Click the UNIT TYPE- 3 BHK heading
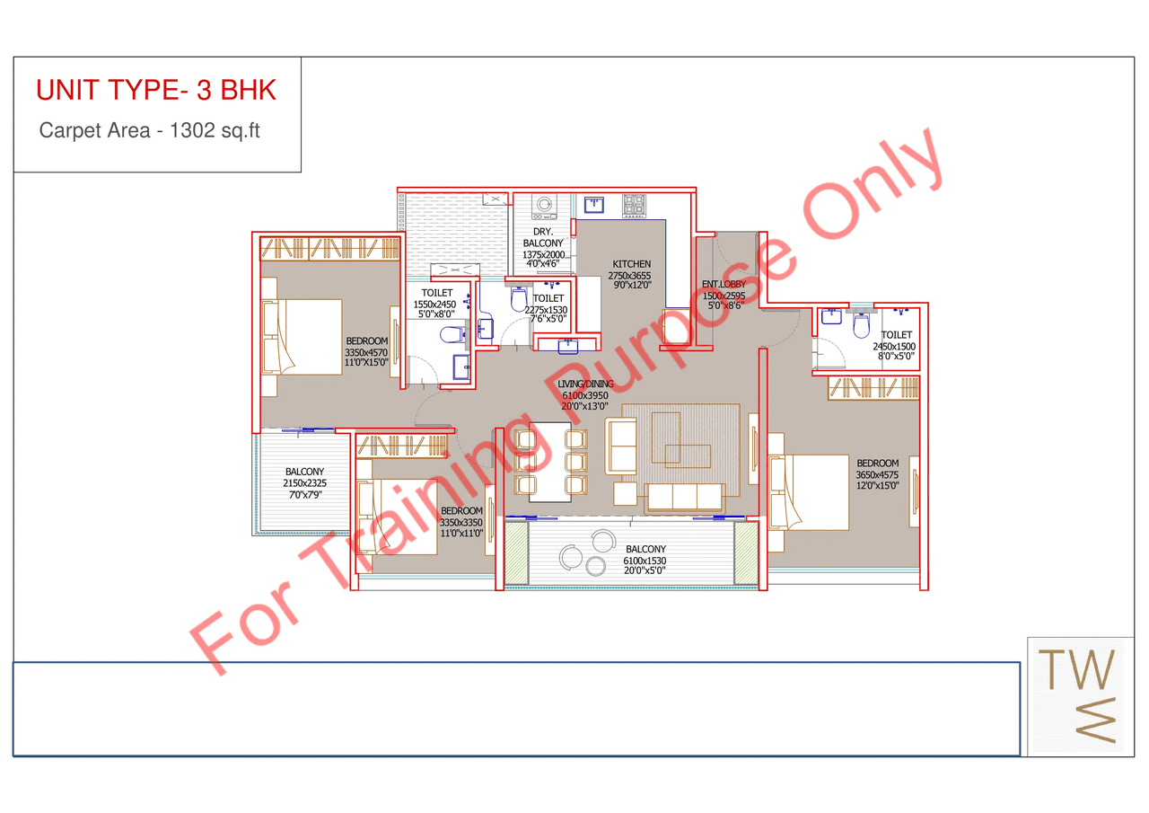tap(156, 91)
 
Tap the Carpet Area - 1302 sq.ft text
tap(149, 130)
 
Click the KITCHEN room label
tap(631, 264)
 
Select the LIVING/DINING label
tap(585, 384)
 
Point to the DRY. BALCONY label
tap(543, 238)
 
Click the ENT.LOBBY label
tap(724, 285)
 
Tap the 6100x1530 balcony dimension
tap(645, 561)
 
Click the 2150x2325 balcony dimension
tap(304, 483)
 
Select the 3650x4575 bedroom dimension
tap(877, 474)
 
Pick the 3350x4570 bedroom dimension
tap(366, 352)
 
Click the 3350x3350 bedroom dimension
tap(462, 522)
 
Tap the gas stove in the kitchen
tap(634, 206)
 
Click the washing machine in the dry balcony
tap(543, 207)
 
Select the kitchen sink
tap(593, 204)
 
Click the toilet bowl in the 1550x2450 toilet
tap(451, 337)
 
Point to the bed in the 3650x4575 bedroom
tap(809, 492)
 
